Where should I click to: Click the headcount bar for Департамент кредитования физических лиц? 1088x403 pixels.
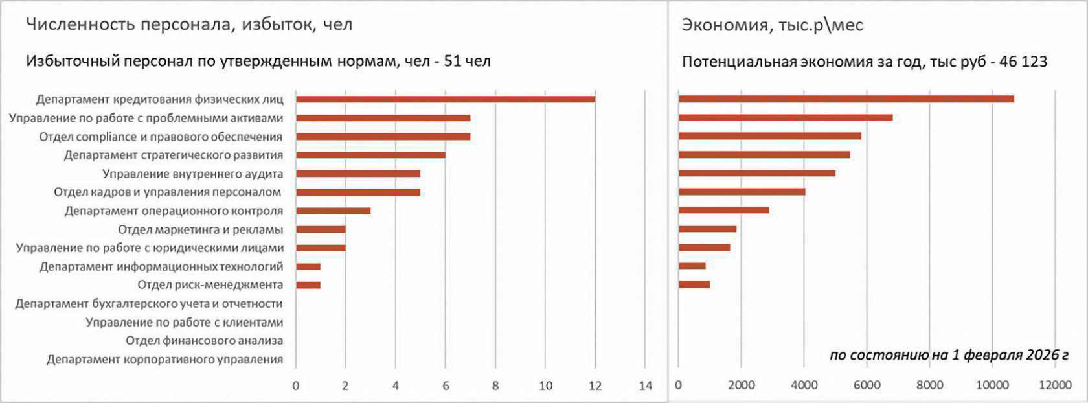pyautogui.click(x=446, y=99)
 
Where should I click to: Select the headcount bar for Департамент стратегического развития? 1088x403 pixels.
pyautogui.click(x=370, y=155)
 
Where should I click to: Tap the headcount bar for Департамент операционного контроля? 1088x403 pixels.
pyautogui.click(x=333, y=211)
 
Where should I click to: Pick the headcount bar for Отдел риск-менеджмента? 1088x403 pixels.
pyautogui.click(x=308, y=285)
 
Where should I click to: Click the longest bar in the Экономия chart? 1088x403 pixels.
pyautogui.click(x=846, y=98)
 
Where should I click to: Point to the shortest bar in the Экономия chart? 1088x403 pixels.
pyautogui.click(x=692, y=266)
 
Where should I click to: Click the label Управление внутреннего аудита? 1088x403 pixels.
pyautogui.click(x=192, y=174)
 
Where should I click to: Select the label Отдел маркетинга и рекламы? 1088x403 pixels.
pyautogui.click(x=200, y=229)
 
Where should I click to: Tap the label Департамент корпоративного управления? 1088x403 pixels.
pyautogui.click(x=164, y=360)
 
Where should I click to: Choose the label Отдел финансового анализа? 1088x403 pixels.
pyautogui.click(x=204, y=341)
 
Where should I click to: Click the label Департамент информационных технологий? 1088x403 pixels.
pyautogui.click(x=161, y=266)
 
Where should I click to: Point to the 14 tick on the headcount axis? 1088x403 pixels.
pyautogui.click(x=645, y=386)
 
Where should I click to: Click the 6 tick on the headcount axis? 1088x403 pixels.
pyautogui.click(x=446, y=386)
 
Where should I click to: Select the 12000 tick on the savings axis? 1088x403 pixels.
pyautogui.click(x=1055, y=386)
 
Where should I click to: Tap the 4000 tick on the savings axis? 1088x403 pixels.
pyautogui.click(x=804, y=386)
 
